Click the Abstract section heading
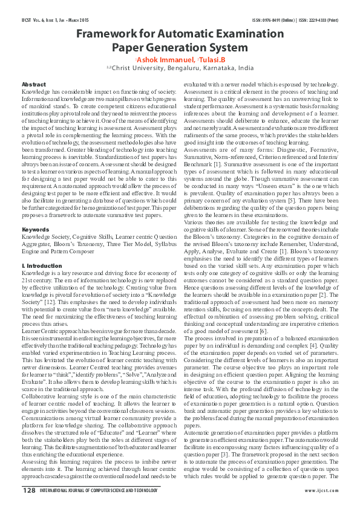(33, 84)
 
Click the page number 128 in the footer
(29, 490)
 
